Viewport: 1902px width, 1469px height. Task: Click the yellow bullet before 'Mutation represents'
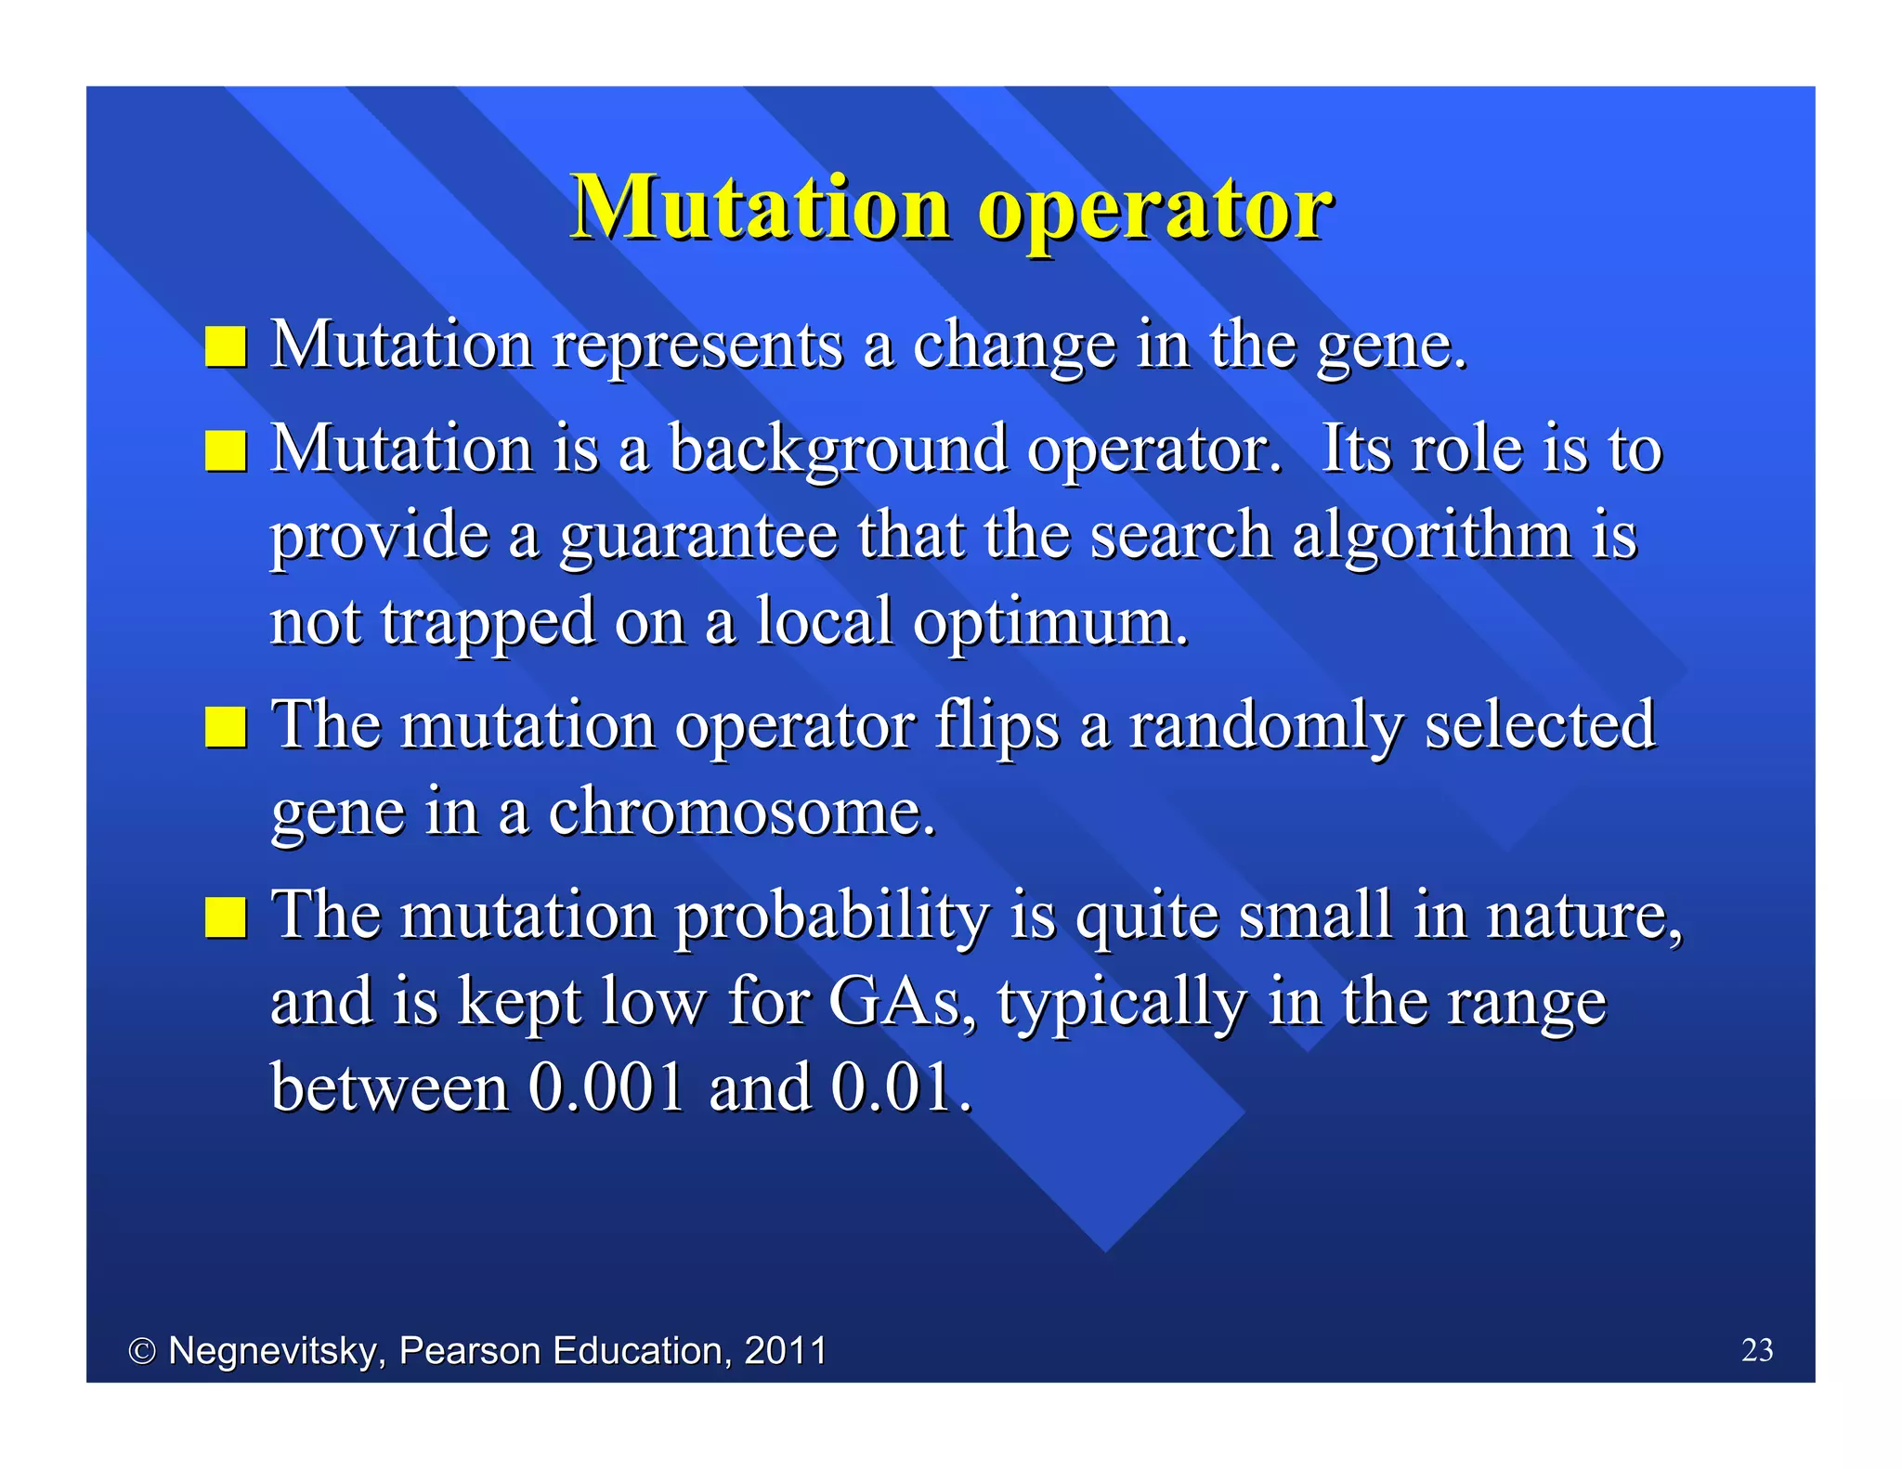(x=226, y=347)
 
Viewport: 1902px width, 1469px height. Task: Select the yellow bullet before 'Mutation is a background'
(x=226, y=451)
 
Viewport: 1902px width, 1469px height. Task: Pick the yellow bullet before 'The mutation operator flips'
(x=226, y=727)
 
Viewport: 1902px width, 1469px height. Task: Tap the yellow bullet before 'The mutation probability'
(x=226, y=917)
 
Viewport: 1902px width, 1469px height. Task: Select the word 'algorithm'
(x=1431, y=537)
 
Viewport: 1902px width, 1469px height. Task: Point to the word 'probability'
(x=831, y=917)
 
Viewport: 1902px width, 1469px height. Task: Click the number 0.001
(x=606, y=1088)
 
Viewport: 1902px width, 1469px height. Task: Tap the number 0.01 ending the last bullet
(x=899, y=1088)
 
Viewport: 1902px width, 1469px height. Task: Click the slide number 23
(x=1756, y=1350)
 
